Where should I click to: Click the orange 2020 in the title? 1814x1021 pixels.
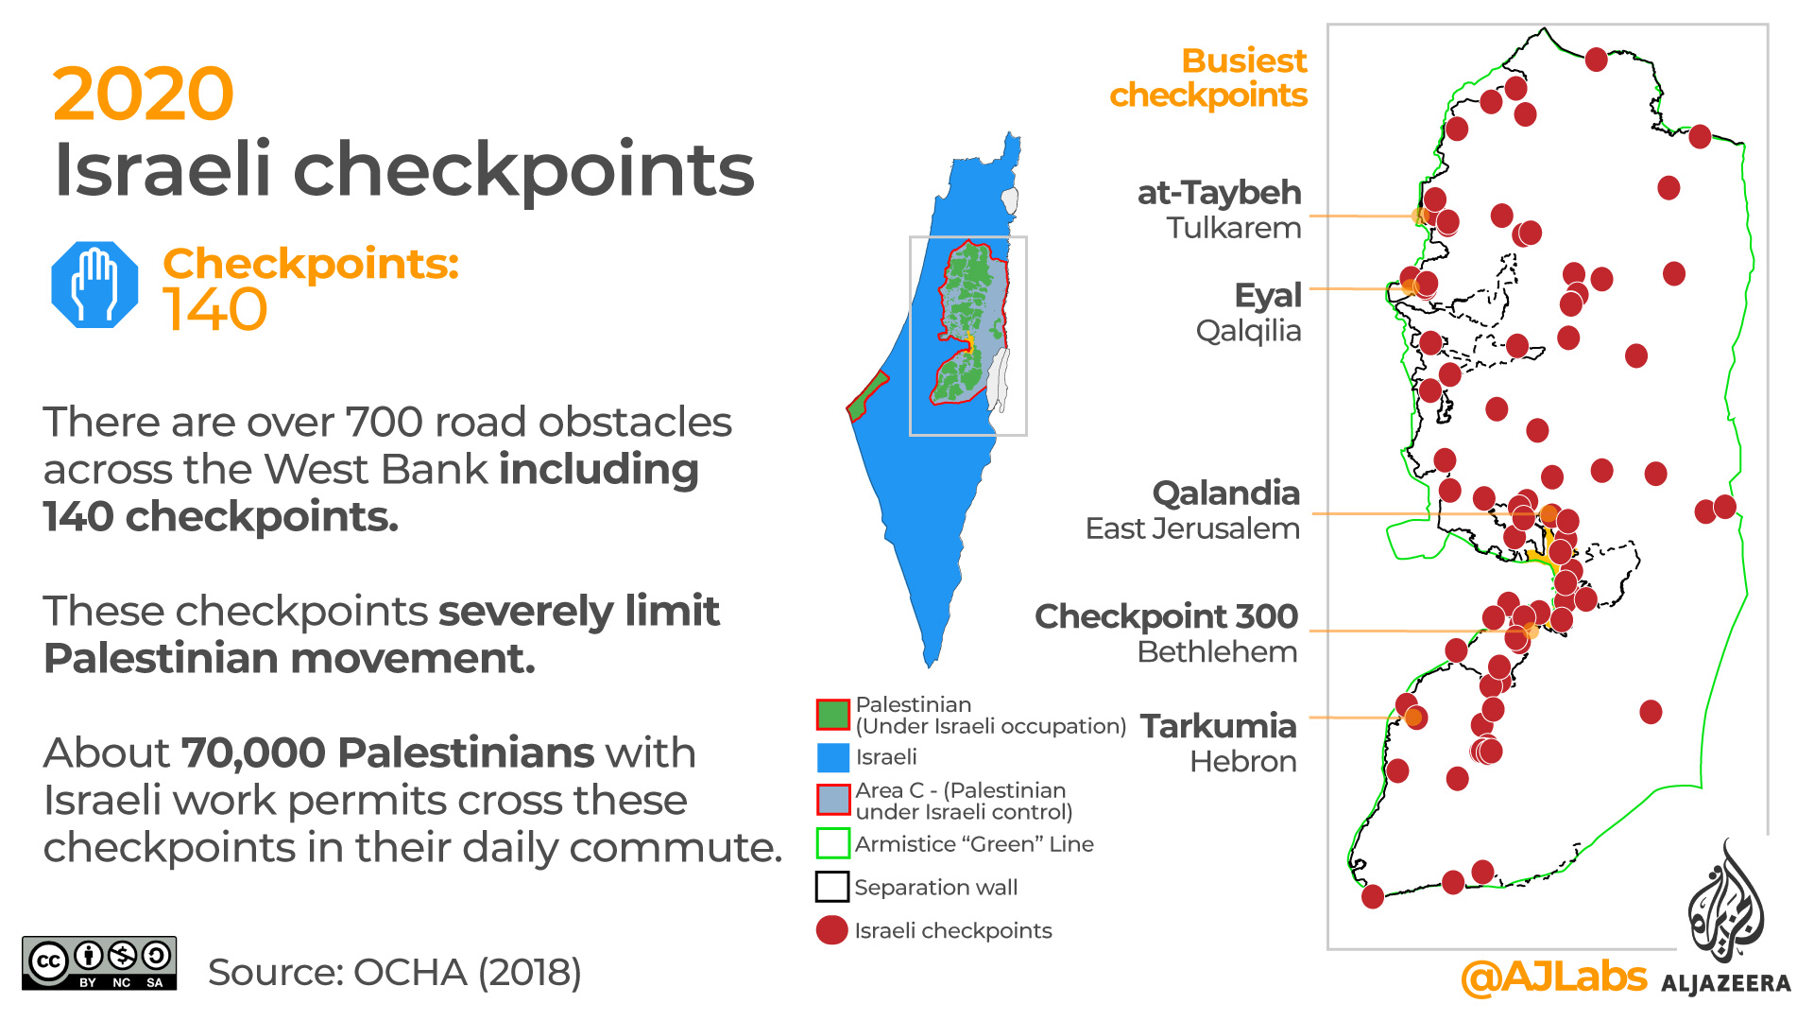coord(143,95)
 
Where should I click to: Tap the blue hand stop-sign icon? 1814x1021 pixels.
coord(94,285)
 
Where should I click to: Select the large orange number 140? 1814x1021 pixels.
coord(215,309)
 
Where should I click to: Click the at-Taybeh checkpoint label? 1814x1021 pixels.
coord(1219,193)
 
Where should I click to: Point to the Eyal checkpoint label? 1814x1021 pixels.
coord(1268,296)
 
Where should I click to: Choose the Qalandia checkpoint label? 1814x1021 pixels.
coord(1225,493)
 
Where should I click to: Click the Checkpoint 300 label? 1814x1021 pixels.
coord(1166,616)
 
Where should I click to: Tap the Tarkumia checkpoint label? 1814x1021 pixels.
coord(1218,726)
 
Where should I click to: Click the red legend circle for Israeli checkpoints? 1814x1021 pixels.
coord(831,930)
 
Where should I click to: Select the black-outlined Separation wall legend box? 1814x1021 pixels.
coord(832,887)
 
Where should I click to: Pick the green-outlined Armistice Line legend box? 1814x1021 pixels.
coord(832,843)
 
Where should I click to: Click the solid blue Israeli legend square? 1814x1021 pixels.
coord(832,757)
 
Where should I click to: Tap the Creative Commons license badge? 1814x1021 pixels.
coord(99,963)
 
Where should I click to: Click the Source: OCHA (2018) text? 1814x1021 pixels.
coord(394,973)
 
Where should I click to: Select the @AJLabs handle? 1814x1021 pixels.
coord(1553,977)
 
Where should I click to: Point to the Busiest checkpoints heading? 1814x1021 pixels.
coord(1209,78)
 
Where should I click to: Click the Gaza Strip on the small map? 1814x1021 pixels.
coord(866,397)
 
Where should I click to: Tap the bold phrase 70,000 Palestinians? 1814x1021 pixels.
coord(387,753)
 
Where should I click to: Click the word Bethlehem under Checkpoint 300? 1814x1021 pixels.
coord(1217,652)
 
